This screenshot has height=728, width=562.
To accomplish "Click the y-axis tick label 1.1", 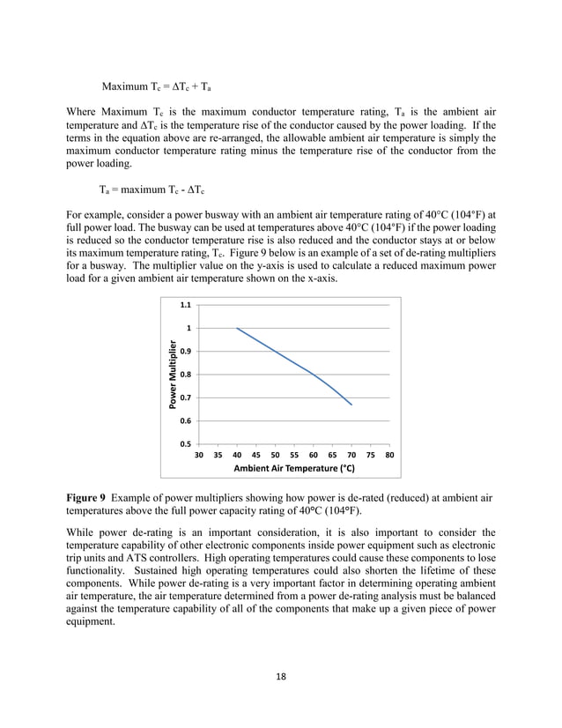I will (x=186, y=305).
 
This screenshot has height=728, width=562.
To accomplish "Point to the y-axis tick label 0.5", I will (x=186, y=444).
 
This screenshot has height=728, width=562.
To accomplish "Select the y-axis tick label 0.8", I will (x=186, y=375).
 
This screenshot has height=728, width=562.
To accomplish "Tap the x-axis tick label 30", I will (x=199, y=456).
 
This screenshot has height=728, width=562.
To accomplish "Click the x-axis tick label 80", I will (x=390, y=456).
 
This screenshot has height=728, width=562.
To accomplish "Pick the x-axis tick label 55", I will (x=294, y=456).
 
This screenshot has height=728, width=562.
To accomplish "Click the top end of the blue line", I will (x=237, y=328).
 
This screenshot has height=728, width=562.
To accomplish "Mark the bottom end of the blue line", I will (x=351, y=405).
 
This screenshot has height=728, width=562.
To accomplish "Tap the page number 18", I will (x=281, y=676).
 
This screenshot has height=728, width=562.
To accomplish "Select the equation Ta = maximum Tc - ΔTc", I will (x=152, y=189).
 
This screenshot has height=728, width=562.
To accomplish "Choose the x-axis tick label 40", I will (x=237, y=456).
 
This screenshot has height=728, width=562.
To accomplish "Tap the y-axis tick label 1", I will (x=189, y=328).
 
